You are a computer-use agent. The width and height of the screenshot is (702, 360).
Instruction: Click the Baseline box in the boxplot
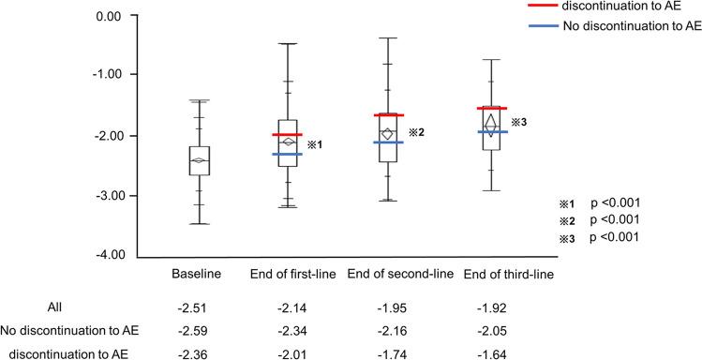tap(199, 160)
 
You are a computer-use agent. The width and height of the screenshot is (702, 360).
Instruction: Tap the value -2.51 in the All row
tap(198, 307)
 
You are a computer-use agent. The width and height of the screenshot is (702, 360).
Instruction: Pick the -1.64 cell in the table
tap(515, 352)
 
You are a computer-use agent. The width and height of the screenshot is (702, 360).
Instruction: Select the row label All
tap(55, 307)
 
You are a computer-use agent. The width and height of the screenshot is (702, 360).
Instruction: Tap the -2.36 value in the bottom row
tap(198, 352)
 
